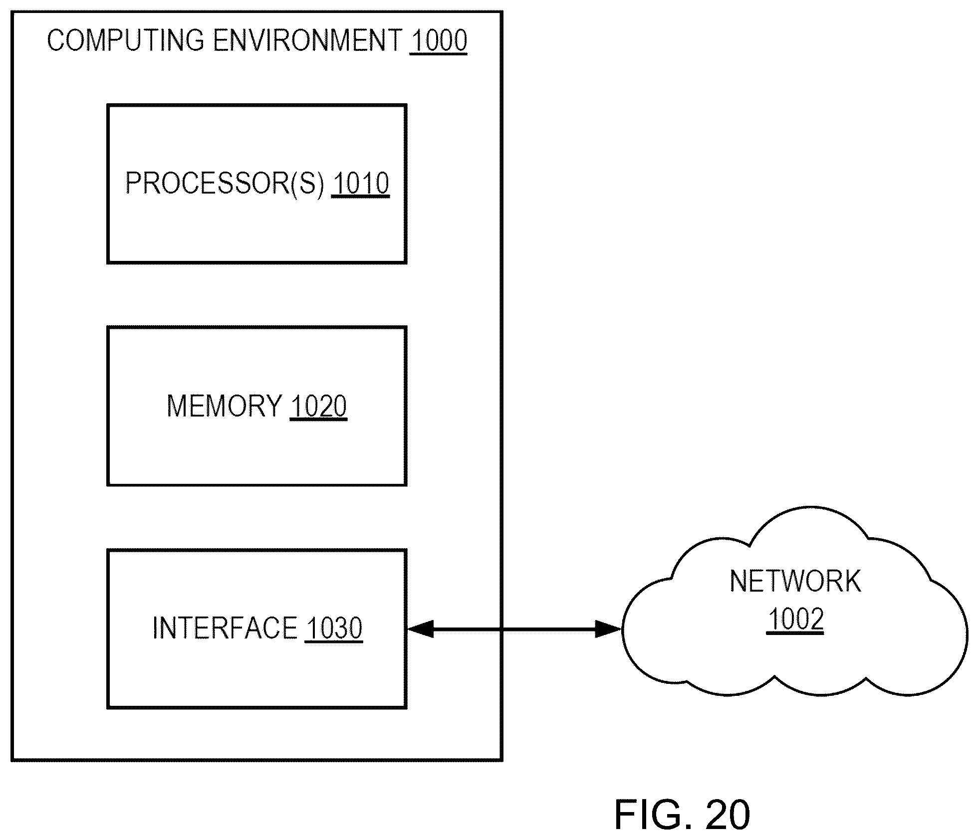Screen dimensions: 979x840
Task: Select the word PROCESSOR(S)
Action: point(225,183)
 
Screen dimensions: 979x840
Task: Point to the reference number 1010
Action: point(360,183)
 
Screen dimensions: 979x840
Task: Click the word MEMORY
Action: point(224,406)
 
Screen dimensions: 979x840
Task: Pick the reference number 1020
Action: point(318,406)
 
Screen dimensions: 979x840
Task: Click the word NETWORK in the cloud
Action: point(795,581)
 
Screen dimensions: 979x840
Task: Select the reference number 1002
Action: point(795,620)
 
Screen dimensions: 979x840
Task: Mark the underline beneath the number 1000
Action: point(438,53)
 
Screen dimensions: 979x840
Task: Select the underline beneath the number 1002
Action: point(795,633)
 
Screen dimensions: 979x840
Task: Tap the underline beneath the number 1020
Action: point(318,420)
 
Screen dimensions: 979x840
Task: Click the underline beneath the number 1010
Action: point(360,198)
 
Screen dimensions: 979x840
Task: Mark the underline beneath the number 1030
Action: point(334,642)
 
